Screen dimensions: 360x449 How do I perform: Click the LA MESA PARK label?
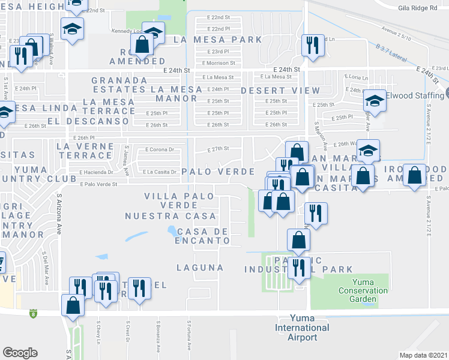tap(217, 40)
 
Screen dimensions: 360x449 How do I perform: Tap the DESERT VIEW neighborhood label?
tap(280, 90)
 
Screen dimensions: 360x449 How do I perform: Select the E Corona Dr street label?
tap(160, 149)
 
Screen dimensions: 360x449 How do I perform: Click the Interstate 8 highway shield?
tap(32, 313)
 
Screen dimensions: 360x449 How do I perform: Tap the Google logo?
tap(20, 353)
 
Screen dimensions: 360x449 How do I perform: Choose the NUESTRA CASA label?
tap(170, 216)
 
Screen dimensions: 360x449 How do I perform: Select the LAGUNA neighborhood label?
tap(200, 267)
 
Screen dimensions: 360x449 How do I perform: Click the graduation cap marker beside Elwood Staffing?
tap(375, 101)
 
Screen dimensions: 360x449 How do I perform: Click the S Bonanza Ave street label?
tap(158, 339)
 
